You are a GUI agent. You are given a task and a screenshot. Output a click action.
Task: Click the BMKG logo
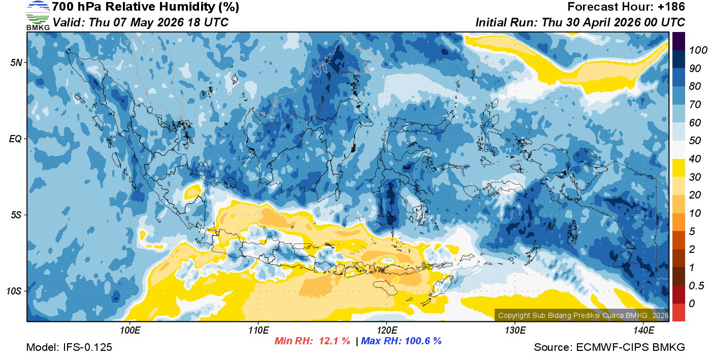38,16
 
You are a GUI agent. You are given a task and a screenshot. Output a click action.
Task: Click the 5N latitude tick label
16,62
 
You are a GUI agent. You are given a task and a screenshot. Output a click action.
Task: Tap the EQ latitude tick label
15,139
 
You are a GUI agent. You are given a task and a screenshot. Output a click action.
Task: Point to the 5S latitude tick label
16,215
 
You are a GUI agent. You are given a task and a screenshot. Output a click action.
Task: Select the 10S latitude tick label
14,291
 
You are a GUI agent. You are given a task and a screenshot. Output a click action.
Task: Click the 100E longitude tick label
130,331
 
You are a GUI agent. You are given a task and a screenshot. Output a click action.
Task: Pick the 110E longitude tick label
258,331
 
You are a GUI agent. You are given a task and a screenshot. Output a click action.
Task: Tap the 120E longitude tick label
386,331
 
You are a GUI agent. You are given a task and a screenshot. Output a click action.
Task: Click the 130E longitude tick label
515,331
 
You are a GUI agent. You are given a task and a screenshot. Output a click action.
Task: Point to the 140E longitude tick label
643,331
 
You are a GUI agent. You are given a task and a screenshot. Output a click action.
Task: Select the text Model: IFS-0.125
69,347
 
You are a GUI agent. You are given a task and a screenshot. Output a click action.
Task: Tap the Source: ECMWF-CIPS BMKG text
609,347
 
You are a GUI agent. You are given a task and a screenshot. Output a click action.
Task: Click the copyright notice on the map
582,315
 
